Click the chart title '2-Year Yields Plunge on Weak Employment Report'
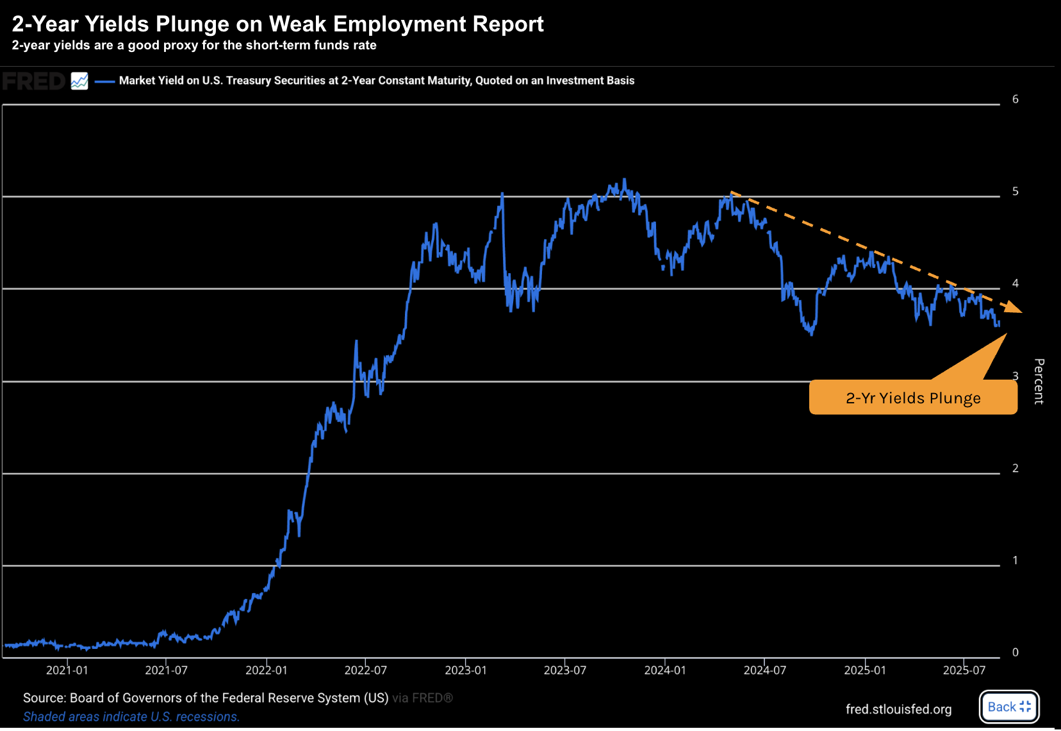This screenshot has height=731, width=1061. pos(277,24)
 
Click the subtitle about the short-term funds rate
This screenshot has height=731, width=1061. pos(194,46)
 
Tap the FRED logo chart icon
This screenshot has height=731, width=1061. pos(79,81)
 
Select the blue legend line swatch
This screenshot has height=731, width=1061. pos(104,81)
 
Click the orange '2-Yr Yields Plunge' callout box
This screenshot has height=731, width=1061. pos(913,398)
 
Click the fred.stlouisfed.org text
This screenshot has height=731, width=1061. pos(898,709)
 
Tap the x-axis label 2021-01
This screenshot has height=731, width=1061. pos(67,671)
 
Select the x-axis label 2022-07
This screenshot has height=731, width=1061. pos(366,671)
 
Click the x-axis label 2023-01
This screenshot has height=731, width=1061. pos(466,671)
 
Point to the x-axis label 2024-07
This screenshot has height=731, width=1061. pos(765,671)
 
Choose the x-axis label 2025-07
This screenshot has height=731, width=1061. pos(964,671)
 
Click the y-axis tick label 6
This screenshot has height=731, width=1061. pos(1016,99)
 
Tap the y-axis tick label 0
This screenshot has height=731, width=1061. pos(1016,653)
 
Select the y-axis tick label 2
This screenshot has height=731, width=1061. pos(1016,469)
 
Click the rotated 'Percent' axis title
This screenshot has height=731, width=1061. pos(1039,381)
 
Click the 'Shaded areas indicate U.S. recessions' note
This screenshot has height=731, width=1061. pos(131,717)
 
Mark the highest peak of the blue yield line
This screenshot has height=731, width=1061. pos(625,180)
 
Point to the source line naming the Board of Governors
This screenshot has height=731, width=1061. pos(206,698)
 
